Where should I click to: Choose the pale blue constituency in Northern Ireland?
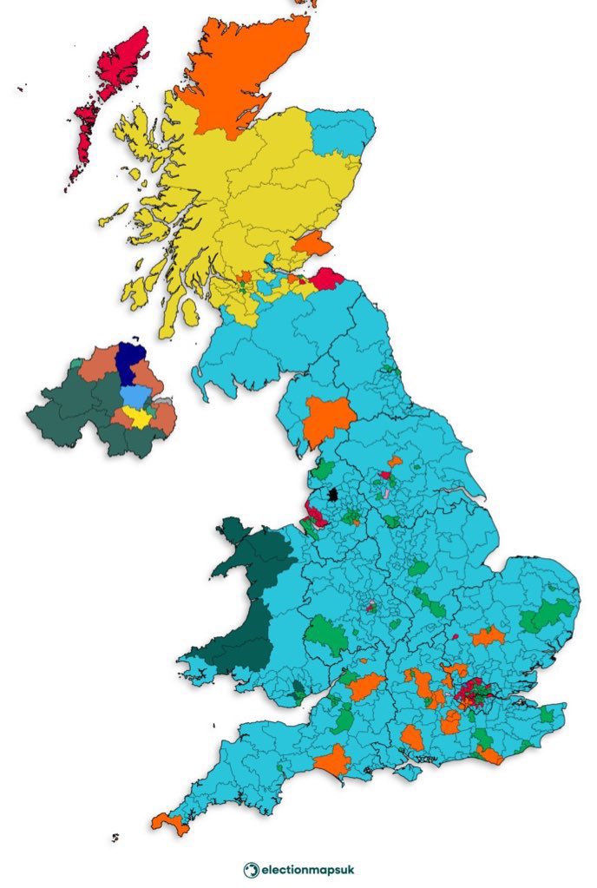click(134, 396)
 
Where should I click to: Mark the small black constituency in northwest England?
click(331, 496)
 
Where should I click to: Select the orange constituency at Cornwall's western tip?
click(169, 822)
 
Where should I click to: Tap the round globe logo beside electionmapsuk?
click(250, 869)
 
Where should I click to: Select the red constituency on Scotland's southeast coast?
click(328, 279)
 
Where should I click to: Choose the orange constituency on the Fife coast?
click(312, 244)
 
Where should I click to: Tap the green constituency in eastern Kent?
click(547, 714)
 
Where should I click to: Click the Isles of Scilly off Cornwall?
click(115, 837)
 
